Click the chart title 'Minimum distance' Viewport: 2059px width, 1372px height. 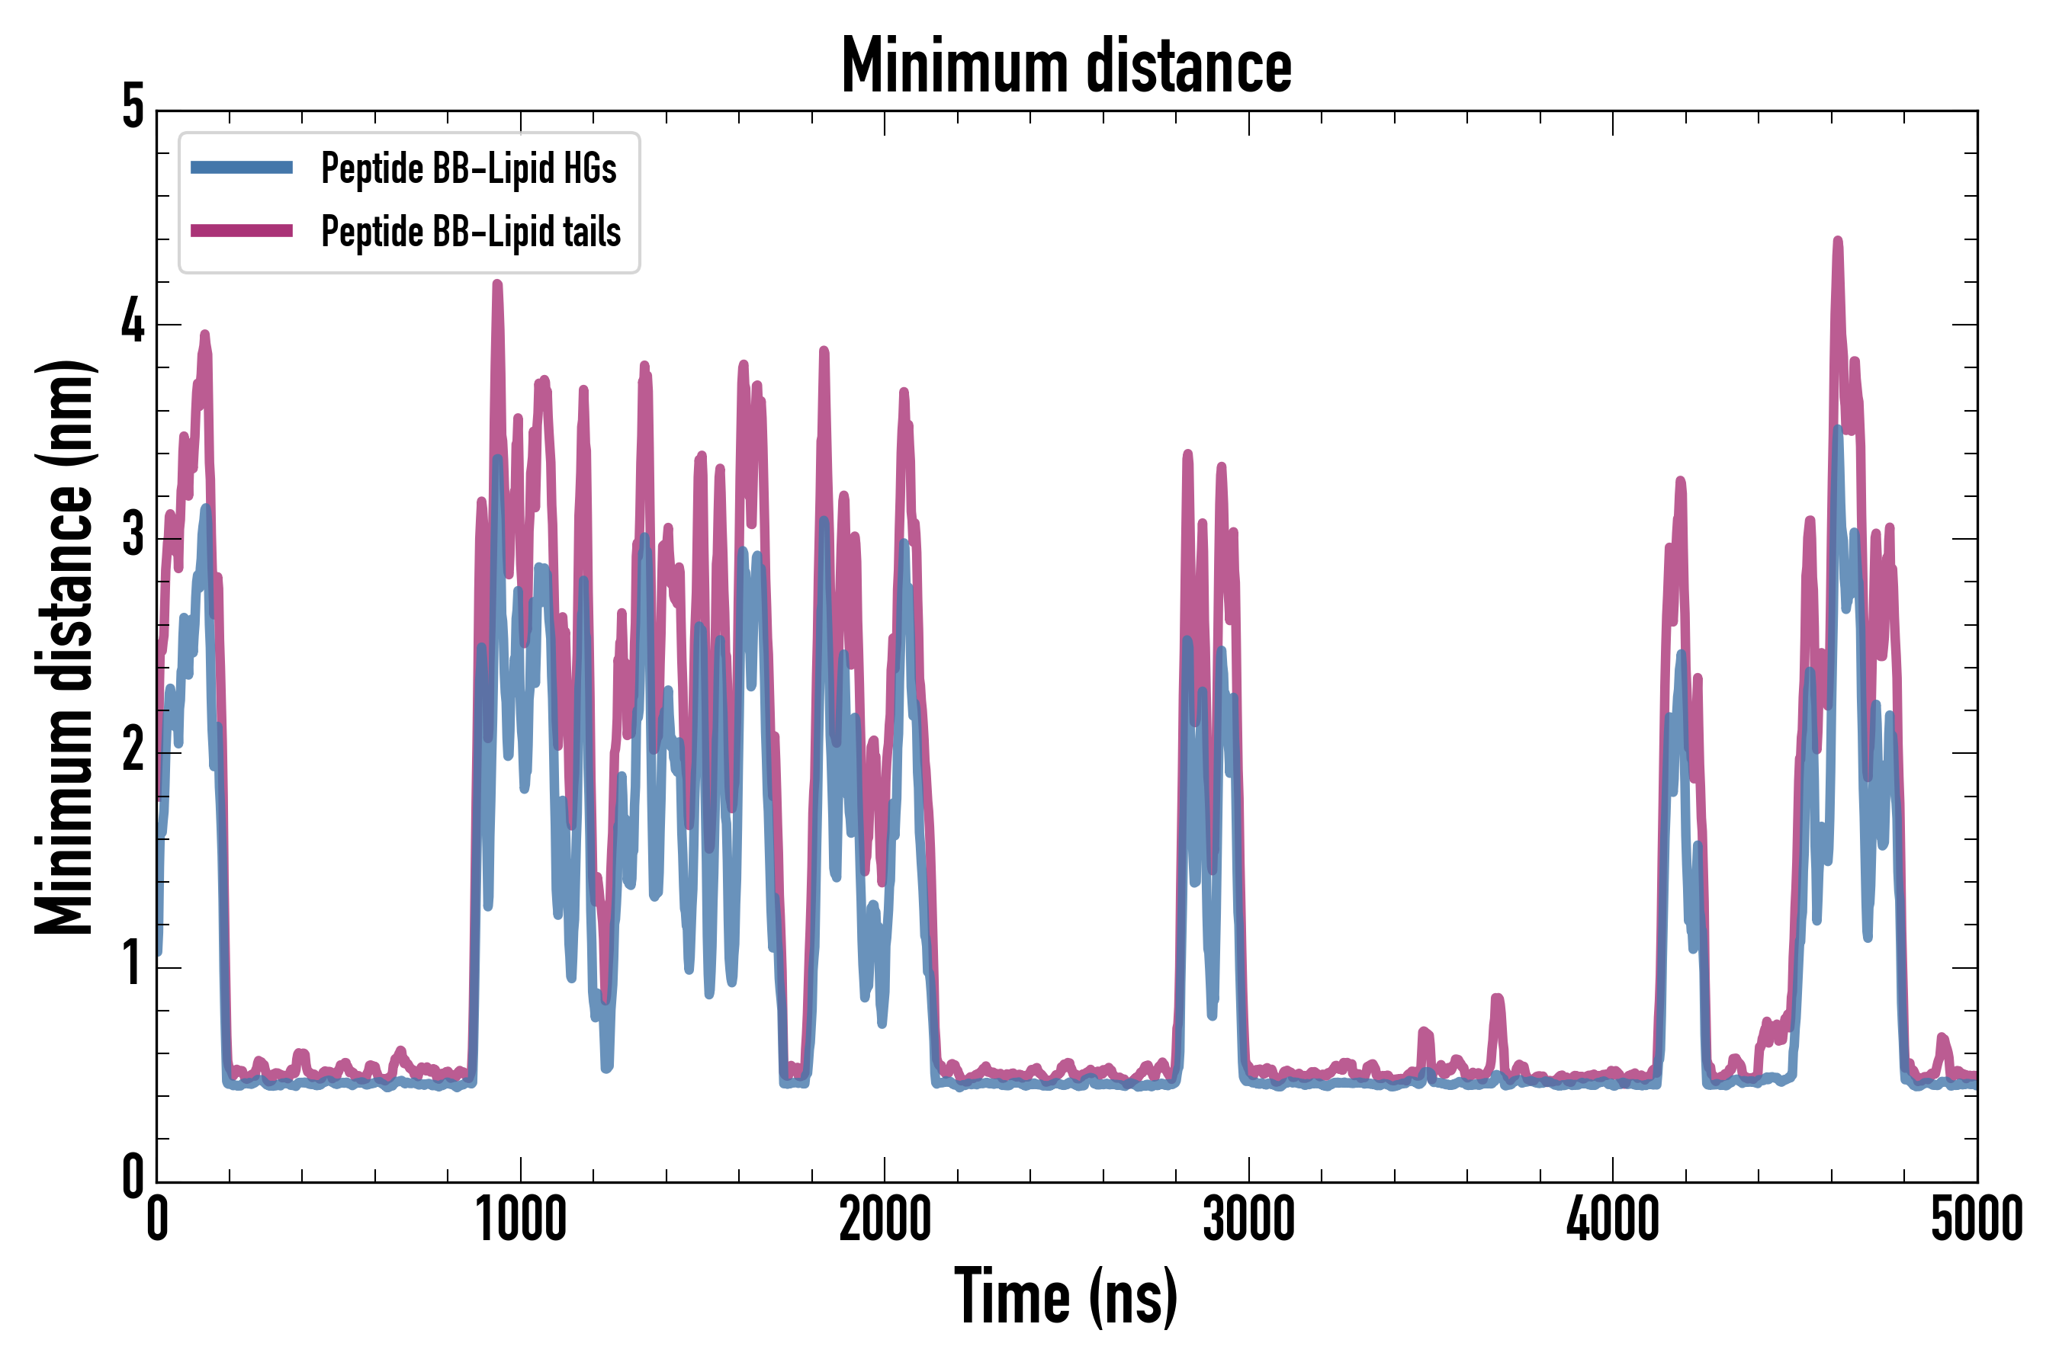pyautogui.click(x=1065, y=66)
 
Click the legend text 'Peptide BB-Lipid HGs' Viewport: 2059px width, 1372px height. pyautogui.click(x=468, y=168)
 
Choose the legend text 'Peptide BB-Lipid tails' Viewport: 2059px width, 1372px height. pyautogui.click(x=471, y=231)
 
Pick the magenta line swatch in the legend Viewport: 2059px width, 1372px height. pyautogui.click(x=242, y=231)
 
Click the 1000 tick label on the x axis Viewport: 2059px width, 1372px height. pyautogui.click(x=521, y=1219)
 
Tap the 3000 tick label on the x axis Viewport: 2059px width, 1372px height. pyautogui.click(x=1248, y=1219)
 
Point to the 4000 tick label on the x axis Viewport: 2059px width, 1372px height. pyautogui.click(x=1613, y=1219)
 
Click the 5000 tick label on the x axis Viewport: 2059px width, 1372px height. pyautogui.click(x=1977, y=1219)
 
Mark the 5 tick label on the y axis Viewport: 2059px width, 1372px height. pyautogui.click(x=133, y=108)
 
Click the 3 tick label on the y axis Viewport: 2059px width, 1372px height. pyautogui.click(x=133, y=537)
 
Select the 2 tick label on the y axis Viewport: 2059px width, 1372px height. pyautogui.click(x=133, y=751)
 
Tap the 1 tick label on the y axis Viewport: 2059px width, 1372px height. pyautogui.click(x=133, y=965)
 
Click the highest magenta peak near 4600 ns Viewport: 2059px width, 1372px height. pyautogui.click(x=1838, y=242)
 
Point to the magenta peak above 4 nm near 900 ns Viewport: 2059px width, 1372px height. pyautogui.click(x=497, y=285)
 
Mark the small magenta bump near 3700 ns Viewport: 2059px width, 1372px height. pyautogui.click(x=1497, y=999)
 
